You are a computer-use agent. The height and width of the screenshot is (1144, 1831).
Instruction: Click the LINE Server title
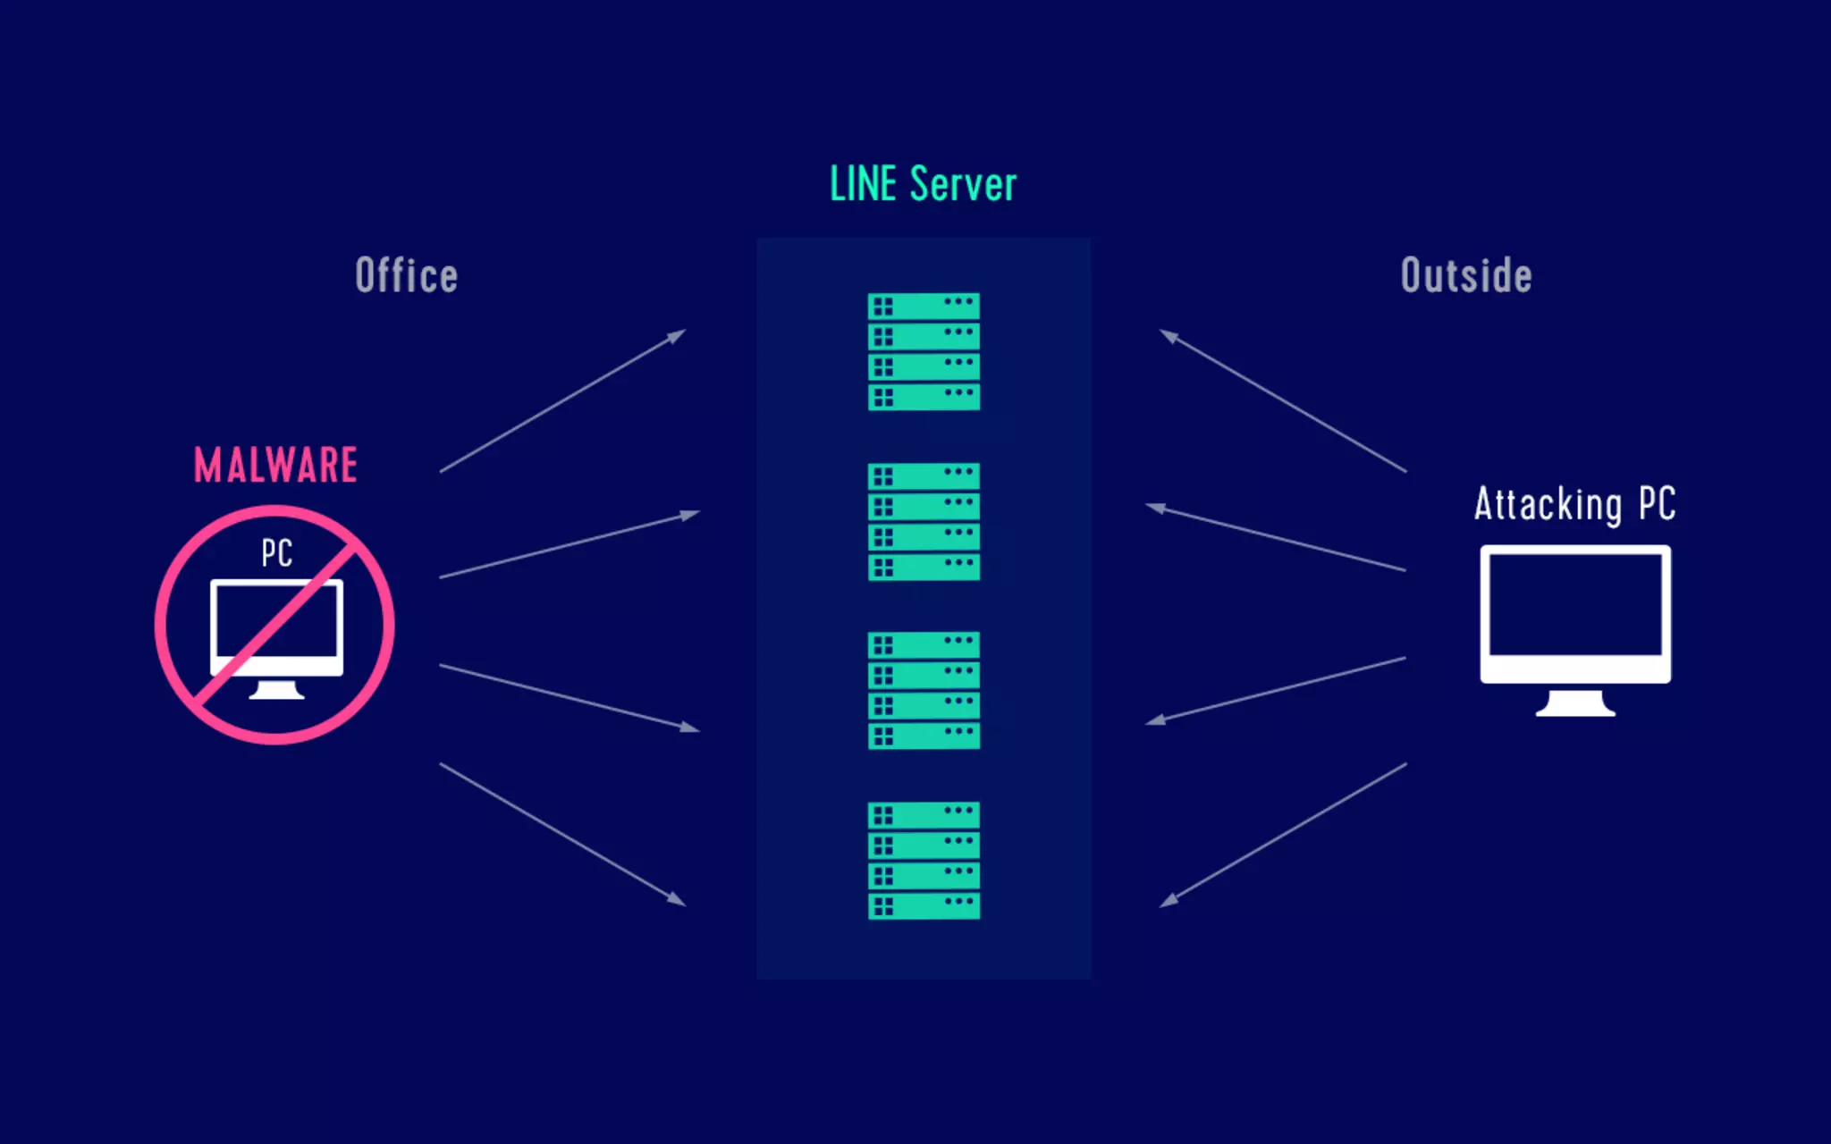(x=923, y=185)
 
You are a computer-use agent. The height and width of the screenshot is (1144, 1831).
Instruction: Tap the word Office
(x=407, y=275)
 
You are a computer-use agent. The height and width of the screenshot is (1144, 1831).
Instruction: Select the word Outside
(x=1466, y=275)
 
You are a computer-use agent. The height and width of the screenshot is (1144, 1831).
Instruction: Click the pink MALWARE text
(x=276, y=466)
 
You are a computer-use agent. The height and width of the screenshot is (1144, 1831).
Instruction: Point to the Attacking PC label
(x=1574, y=504)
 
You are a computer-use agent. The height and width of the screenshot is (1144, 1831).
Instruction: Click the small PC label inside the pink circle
(x=277, y=553)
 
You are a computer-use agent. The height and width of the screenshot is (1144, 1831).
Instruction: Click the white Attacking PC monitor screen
(x=1575, y=606)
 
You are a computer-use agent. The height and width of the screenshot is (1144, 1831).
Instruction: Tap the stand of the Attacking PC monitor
(x=1575, y=704)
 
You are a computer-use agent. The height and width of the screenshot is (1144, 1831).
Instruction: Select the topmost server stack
(x=924, y=351)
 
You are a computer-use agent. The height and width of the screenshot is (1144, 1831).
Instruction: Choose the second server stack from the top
(x=924, y=521)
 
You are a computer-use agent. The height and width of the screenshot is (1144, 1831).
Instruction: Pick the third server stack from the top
(x=924, y=690)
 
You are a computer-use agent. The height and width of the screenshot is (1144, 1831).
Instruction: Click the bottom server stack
(x=924, y=860)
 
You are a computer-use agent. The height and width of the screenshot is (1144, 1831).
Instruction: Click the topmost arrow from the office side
(x=562, y=401)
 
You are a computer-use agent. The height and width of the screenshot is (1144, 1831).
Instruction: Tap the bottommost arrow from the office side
(x=562, y=835)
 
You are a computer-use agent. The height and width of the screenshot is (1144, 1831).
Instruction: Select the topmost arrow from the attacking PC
(x=1283, y=401)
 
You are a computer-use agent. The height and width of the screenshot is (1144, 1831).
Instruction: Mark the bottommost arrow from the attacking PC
(x=1283, y=835)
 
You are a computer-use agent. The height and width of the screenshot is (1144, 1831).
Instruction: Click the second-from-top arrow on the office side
(x=569, y=545)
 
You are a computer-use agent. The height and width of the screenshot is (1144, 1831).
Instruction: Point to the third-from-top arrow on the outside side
(x=1276, y=690)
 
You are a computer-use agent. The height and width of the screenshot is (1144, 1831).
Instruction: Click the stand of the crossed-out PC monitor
(x=276, y=690)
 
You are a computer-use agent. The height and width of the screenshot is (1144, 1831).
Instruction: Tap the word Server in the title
(x=963, y=185)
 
